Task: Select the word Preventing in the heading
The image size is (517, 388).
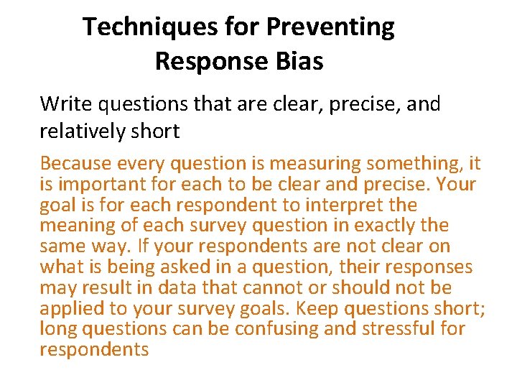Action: point(331,27)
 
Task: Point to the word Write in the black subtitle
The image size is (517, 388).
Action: point(66,104)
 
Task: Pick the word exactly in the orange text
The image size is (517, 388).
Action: point(378,226)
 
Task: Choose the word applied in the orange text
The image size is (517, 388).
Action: point(73,308)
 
